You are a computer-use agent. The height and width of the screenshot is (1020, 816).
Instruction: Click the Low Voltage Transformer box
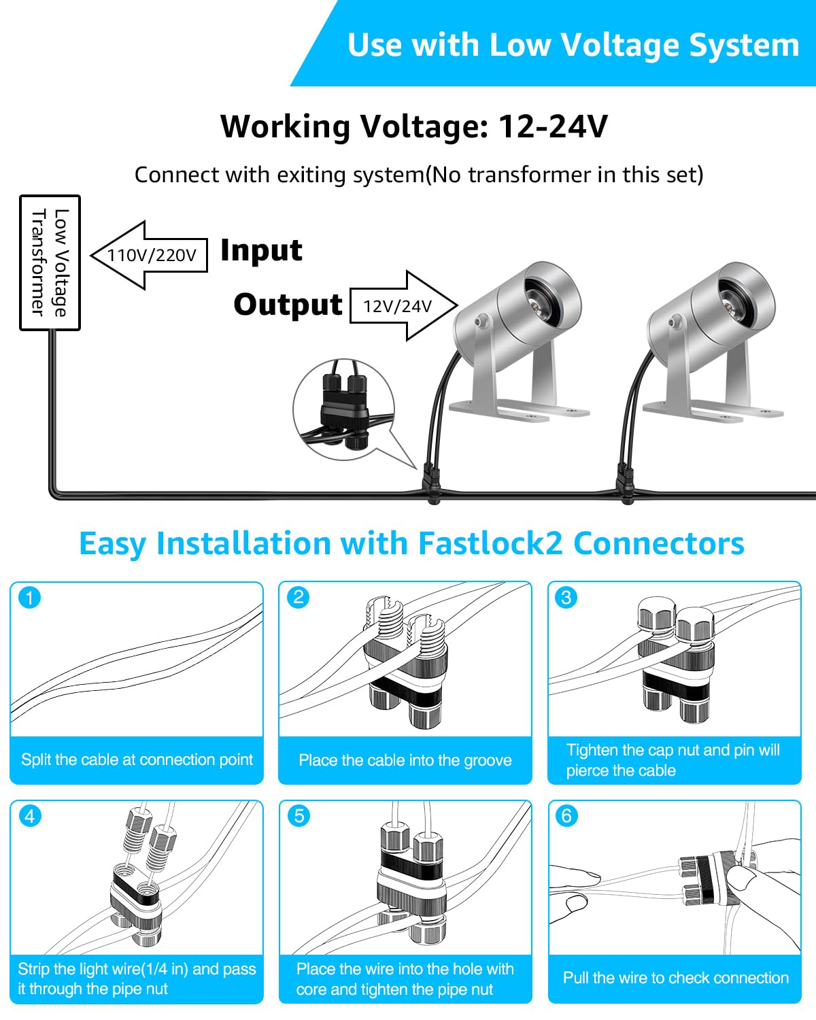tap(50, 262)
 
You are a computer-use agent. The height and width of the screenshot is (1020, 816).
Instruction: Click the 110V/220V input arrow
tap(149, 255)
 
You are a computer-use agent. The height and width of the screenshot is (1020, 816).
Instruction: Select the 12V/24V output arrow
tap(404, 306)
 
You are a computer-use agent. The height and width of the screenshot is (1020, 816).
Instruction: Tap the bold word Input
tap(261, 250)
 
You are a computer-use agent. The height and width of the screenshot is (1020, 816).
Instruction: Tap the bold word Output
tap(288, 304)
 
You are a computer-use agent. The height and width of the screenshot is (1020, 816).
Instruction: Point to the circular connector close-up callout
tap(344, 409)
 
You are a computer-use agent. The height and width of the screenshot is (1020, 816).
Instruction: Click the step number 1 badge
tap(29, 598)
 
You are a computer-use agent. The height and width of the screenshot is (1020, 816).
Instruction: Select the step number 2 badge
tap(299, 597)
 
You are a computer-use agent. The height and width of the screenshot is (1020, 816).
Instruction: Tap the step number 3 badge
tap(566, 597)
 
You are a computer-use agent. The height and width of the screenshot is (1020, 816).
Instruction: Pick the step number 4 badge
tap(29, 816)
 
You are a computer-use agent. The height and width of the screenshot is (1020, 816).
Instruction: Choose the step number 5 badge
tap(299, 816)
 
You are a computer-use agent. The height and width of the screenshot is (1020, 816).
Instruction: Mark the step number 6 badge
tap(566, 816)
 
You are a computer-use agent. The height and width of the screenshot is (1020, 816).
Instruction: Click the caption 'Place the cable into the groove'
tap(405, 760)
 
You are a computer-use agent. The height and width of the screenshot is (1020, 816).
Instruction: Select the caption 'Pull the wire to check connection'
tap(676, 977)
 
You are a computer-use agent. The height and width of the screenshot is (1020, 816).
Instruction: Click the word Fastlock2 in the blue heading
tap(490, 543)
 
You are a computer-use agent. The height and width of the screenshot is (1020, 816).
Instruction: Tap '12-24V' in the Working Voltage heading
tap(554, 126)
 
